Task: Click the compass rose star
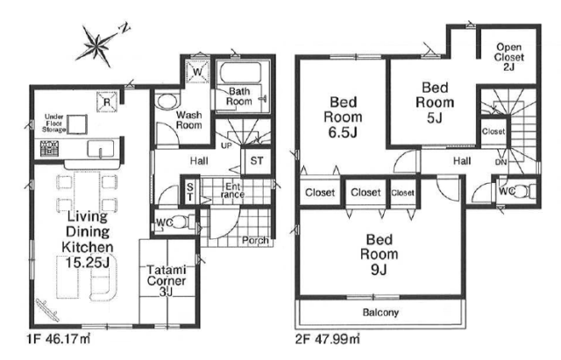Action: [x=97, y=46]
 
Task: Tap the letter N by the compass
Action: [x=124, y=28]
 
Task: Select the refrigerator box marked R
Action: [x=107, y=102]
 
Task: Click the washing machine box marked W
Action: [x=197, y=72]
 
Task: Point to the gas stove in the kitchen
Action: [x=49, y=148]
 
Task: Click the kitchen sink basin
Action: [x=101, y=149]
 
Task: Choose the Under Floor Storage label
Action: [x=54, y=124]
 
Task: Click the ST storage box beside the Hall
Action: [x=256, y=161]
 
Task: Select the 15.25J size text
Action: [x=88, y=263]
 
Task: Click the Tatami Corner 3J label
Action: [x=167, y=280]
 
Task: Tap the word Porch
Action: [x=255, y=240]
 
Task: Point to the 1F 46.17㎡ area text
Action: [x=59, y=338]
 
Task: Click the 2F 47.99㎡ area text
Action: [x=328, y=338]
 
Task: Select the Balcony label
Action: [x=380, y=313]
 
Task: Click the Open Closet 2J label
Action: [x=509, y=57]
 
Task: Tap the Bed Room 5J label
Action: [x=435, y=102]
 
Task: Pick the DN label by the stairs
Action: [x=501, y=162]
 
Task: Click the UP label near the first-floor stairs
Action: [x=226, y=145]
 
